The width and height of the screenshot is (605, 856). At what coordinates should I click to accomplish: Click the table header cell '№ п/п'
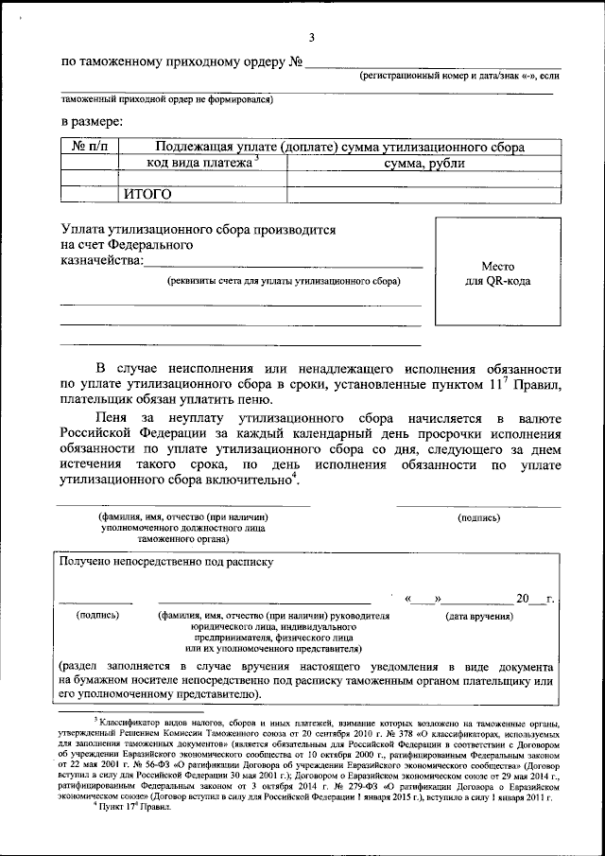pyautogui.click(x=90, y=147)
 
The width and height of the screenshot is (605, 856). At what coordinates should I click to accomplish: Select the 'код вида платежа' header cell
pyautogui.click(x=201, y=163)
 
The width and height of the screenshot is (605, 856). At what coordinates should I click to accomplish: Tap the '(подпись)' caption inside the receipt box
pyautogui.click(x=97, y=615)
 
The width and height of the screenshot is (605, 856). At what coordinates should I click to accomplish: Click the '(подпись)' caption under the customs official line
pyautogui.click(x=485, y=518)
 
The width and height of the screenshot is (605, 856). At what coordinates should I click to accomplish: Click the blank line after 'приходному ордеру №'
pyautogui.click(x=432, y=64)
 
